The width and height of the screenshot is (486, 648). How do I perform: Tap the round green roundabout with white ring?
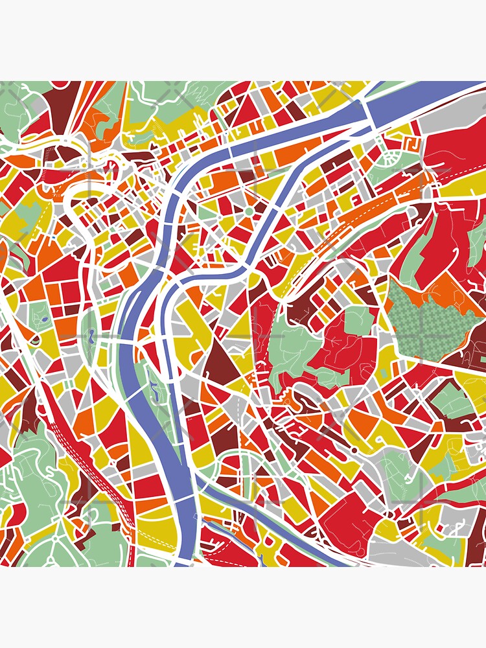click(x=248, y=212)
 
